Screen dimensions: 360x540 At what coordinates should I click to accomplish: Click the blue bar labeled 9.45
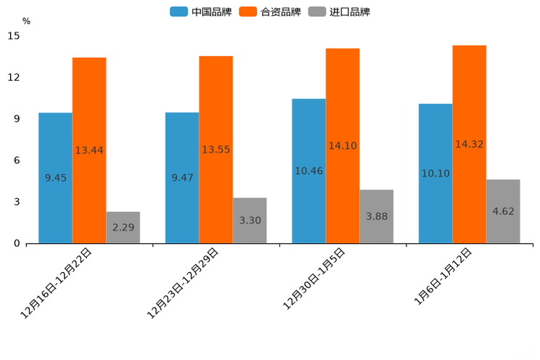55,178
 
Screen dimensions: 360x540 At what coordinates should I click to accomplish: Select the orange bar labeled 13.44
89,150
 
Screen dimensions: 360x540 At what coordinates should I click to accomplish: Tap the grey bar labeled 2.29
123,227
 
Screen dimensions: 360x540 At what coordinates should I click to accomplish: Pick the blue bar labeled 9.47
182,178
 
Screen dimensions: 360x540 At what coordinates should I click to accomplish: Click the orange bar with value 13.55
216,150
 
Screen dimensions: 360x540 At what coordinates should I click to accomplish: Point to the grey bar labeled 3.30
250,220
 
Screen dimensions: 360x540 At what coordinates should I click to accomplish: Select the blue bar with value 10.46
308,171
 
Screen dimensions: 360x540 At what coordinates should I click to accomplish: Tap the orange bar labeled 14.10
343,146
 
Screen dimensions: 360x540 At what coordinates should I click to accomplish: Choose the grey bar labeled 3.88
376,216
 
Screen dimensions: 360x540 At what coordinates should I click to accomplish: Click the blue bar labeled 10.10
435,173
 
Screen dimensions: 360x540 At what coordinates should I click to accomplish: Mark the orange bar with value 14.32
469,144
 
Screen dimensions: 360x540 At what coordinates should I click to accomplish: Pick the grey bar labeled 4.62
503,211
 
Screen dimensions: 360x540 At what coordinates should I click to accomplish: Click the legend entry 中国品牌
201,12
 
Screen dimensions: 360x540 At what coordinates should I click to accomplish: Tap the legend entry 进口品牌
339,12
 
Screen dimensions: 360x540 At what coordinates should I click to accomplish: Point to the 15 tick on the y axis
14,36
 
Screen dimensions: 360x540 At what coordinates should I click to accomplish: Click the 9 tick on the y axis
17,119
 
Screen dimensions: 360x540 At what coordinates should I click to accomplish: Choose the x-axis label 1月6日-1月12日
443,277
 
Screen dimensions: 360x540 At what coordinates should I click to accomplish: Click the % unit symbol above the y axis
26,21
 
